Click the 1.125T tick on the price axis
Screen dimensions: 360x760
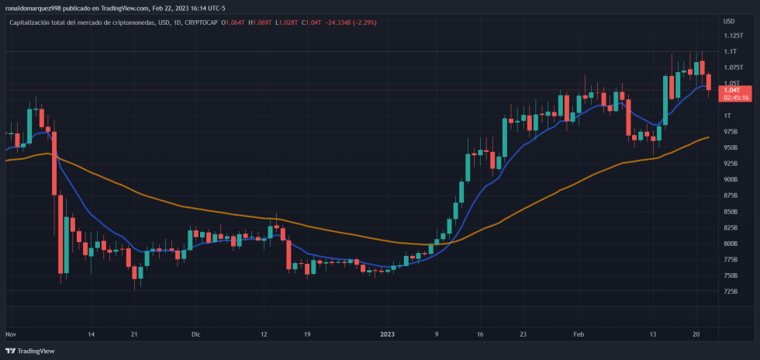pyautogui.click(x=733, y=36)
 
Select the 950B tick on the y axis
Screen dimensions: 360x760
pyautogui.click(x=731, y=147)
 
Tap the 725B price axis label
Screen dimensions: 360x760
pyautogui.click(x=731, y=291)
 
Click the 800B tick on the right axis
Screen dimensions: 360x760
pyautogui.click(x=731, y=243)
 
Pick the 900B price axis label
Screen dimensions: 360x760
pyautogui.click(x=731, y=179)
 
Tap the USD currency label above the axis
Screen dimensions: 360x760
pyautogui.click(x=729, y=21)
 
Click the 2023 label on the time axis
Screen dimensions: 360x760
pyautogui.click(x=388, y=334)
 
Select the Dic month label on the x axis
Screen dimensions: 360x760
pyautogui.click(x=195, y=334)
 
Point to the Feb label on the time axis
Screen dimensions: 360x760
pyautogui.click(x=578, y=334)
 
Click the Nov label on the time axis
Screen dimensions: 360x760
pyautogui.click(x=11, y=334)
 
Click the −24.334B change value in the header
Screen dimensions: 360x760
pyautogui.click(x=333, y=22)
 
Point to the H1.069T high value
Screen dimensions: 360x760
pyautogui.click(x=259, y=22)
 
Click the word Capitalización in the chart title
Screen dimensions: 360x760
pyautogui.click(x=30, y=22)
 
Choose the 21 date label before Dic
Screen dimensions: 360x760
pyautogui.click(x=134, y=334)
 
